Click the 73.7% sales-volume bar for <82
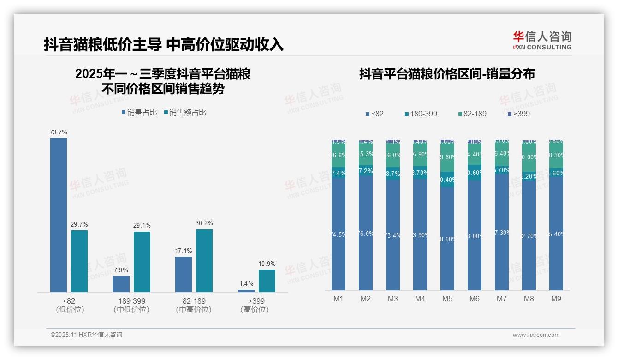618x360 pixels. pyautogui.click(x=59, y=215)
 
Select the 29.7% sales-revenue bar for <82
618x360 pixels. pyautogui.click(x=79, y=261)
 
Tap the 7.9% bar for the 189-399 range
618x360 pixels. pyautogui.click(x=121, y=284)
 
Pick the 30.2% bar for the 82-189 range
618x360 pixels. pyautogui.click(x=204, y=260)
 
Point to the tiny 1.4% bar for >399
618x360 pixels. pyautogui.click(x=246, y=291)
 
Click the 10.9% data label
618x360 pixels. pyautogui.click(x=267, y=264)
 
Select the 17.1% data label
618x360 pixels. pyautogui.click(x=184, y=251)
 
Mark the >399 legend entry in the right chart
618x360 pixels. pyautogui.click(x=518, y=114)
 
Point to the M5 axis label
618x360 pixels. pyautogui.click(x=447, y=299)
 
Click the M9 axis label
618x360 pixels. pyautogui.click(x=556, y=299)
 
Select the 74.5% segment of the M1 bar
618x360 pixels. pyautogui.click(x=339, y=234)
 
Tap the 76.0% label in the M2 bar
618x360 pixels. pyautogui.click(x=366, y=234)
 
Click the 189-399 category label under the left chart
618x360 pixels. pyautogui.click(x=131, y=301)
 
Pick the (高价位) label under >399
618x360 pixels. pyautogui.click(x=255, y=310)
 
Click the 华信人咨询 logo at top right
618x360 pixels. pyautogui.click(x=542, y=40)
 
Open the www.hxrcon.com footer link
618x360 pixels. pyautogui.click(x=536, y=335)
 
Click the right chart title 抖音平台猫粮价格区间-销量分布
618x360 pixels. pyautogui.click(x=447, y=74)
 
